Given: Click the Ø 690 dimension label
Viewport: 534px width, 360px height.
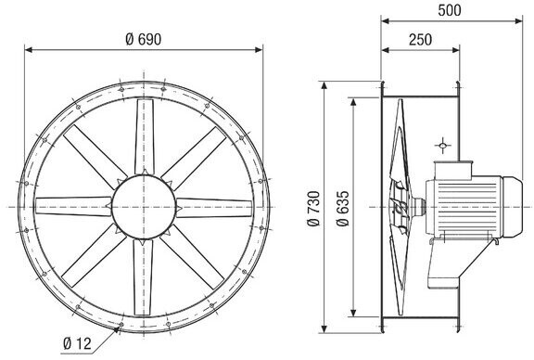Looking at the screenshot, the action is pyautogui.click(x=144, y=40).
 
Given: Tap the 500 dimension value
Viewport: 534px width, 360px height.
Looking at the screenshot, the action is pyautogui.click(x=450, y=10).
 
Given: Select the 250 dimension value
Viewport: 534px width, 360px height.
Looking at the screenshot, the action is pyautogui.click(x=420, y=40).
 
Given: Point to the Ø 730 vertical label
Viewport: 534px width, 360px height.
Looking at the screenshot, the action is pyautogui.click(x=313, y=209).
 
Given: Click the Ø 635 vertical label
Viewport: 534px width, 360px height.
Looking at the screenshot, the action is pyautogui.click(x=343, y=209).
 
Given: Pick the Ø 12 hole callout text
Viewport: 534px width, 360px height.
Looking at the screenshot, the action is pyautogui.click(x=77, y=343).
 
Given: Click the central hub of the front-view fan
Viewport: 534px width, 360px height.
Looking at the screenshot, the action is pyautogui.click(x=144, y=207).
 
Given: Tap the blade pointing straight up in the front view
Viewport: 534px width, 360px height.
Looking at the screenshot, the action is pyautogui.click(x=145, y=136).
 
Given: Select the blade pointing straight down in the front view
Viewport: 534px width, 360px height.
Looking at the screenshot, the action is pyautogui.click(x=143, y=276).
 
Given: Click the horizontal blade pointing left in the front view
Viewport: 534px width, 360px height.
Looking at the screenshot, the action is pyautogui.click(x=73, y=206).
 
